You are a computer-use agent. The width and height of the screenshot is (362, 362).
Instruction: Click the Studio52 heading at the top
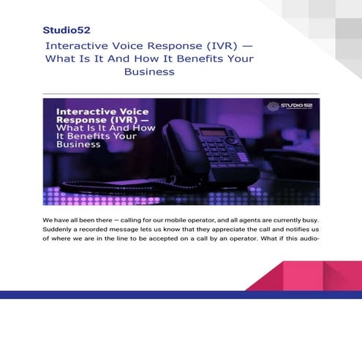(x=67, y=30)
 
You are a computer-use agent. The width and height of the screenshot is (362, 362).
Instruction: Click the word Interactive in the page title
(x=73, y=45)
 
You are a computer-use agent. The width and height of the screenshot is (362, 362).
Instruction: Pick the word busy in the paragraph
(x=308, y=219)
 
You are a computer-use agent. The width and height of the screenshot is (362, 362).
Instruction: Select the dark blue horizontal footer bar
(x=181, y=294)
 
